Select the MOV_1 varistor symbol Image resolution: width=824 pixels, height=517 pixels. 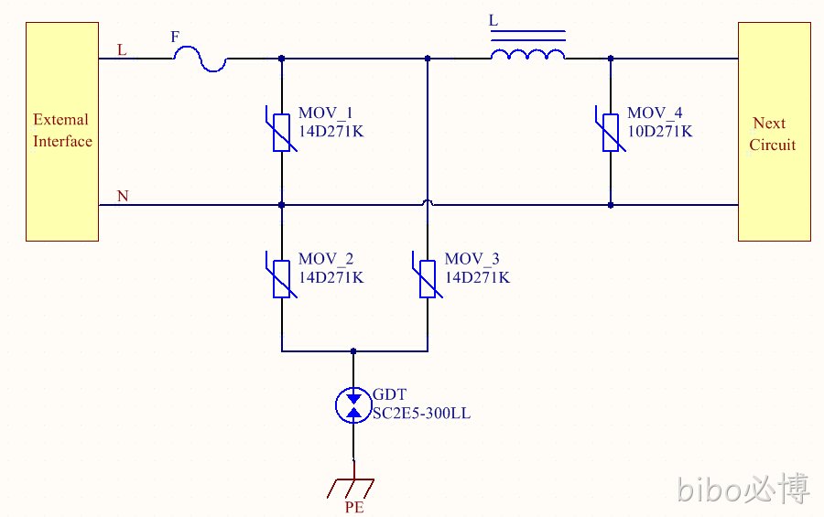282,133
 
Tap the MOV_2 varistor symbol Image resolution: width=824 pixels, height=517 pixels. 282,279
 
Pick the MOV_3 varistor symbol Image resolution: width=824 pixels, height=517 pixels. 428,279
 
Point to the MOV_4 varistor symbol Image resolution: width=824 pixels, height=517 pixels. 611,133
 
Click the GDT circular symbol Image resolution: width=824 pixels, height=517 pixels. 353,405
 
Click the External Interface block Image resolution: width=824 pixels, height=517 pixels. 62,132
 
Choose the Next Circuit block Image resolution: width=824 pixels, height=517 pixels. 775,132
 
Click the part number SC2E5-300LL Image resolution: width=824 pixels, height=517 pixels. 421,414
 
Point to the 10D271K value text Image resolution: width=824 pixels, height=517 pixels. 660,132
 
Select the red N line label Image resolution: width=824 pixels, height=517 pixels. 123,196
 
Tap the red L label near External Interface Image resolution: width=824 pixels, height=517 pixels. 122,50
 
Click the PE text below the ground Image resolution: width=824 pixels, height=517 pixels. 354,507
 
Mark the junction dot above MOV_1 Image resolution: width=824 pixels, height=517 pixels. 282,59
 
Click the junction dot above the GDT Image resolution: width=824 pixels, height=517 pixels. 353,351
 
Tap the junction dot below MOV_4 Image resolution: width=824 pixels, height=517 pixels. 611,205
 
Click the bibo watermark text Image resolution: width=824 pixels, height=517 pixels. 743,489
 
